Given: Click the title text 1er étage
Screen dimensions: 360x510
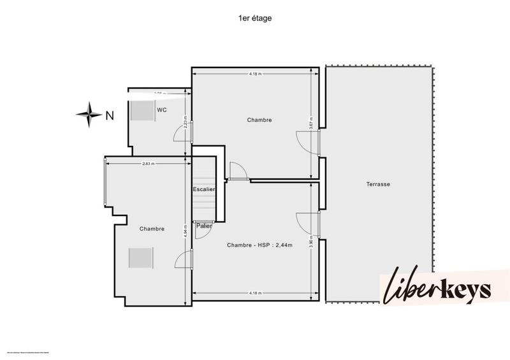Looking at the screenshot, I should [x=254, y=19].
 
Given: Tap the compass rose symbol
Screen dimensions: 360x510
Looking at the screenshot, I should [x=89, y=115].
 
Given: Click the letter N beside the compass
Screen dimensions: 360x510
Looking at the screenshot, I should [x=110, y=115].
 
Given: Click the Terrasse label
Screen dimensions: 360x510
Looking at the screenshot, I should [x=378, y=184].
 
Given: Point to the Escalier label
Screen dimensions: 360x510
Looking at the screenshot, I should [x=204, y=189].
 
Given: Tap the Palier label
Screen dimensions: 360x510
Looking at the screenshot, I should [x=204, y=226].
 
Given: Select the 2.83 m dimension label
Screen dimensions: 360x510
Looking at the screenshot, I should [x=149, y=164].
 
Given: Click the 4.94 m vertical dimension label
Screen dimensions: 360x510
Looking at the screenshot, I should [x=185, y=233].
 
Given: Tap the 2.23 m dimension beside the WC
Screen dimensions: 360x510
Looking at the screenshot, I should [x=185, y=121].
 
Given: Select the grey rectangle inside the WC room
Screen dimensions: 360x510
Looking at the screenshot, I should [x=140, y=110].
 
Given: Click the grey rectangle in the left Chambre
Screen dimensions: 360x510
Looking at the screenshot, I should [x=140, y=258].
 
